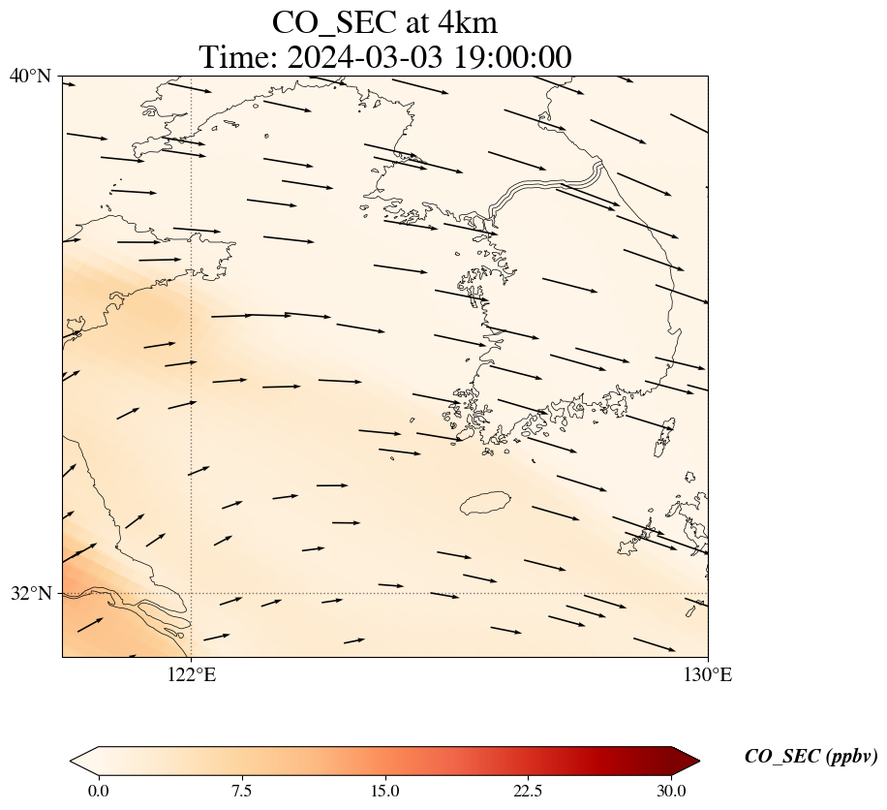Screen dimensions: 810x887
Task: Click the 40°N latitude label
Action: (30, 76)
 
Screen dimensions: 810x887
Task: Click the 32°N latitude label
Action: (30, 593)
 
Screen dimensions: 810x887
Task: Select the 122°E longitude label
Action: (192, 675)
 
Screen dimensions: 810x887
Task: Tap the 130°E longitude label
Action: (708, 675)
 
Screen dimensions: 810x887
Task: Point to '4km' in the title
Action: (468, 22)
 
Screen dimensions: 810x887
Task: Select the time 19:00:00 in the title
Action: (508, 57)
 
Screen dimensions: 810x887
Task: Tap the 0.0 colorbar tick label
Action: (98, 791)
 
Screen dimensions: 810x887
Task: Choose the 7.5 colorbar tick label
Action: (241, 791)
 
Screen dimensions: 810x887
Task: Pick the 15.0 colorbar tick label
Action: (385, 791)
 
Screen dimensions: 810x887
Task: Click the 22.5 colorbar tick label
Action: (529, 791)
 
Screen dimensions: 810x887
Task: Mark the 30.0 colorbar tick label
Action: (672, 791)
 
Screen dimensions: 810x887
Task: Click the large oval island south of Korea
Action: (485, 503)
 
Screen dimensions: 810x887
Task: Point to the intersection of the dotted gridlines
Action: (192, 593)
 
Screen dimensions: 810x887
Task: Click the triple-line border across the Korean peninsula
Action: (547, 185)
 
